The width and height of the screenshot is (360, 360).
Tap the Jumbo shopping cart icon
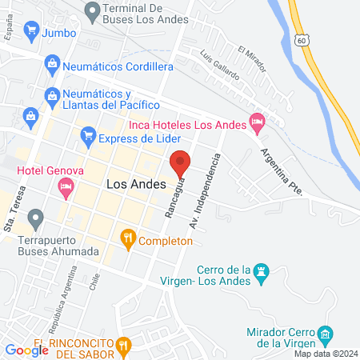click(32, 33)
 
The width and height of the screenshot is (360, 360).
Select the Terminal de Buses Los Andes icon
click(93, 10)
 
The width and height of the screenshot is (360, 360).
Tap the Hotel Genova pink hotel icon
click(66, 188)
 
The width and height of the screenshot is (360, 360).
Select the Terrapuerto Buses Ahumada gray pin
click(35, 218)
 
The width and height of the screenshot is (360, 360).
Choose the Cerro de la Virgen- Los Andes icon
click(260, 274)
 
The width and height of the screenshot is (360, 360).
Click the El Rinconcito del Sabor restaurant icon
click(122, 346)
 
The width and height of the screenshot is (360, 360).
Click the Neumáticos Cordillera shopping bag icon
click(52, 62)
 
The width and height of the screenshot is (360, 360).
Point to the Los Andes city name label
click(136, 184)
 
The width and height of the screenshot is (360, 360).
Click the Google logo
click(27, 350)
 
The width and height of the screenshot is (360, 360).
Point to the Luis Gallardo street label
click(221, 67)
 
